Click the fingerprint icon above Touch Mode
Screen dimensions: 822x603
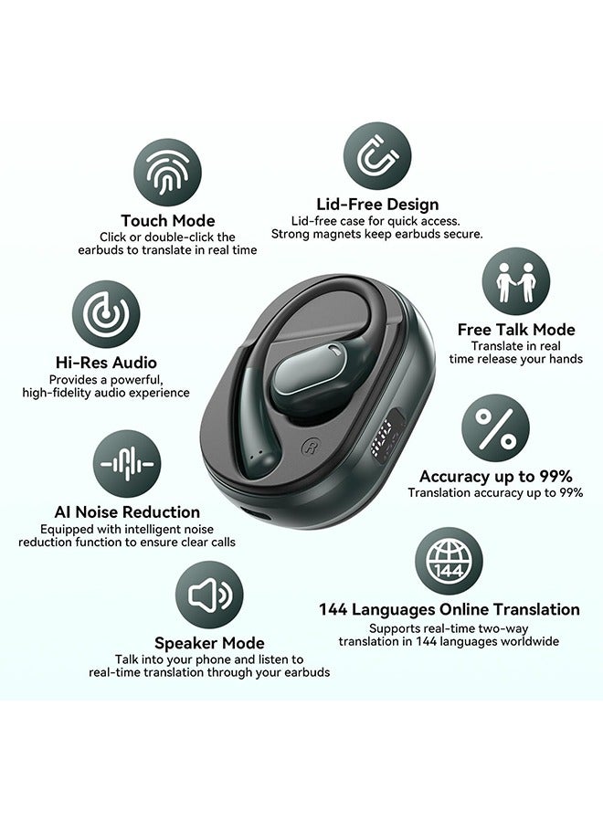tap(167, 173)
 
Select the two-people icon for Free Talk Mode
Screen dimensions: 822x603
tap(515, 281)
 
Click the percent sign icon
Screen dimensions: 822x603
tap(495, 427)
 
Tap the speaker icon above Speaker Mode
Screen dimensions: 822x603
tap(209, 595)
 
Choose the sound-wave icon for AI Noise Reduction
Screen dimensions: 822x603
tap(127, 464)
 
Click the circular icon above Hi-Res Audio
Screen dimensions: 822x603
tap(106, 314)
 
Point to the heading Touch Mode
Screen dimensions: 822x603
tap(168, 220)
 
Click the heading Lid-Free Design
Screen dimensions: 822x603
tap(377, 205)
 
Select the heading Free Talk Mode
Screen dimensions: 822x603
tap(516, 330)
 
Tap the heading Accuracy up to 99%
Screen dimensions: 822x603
tap(495, 476)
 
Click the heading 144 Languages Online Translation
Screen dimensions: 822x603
tap(449, 609)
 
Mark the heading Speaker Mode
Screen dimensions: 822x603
tap(209, 643)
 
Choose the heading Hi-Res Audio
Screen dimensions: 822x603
tap(106, 363)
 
